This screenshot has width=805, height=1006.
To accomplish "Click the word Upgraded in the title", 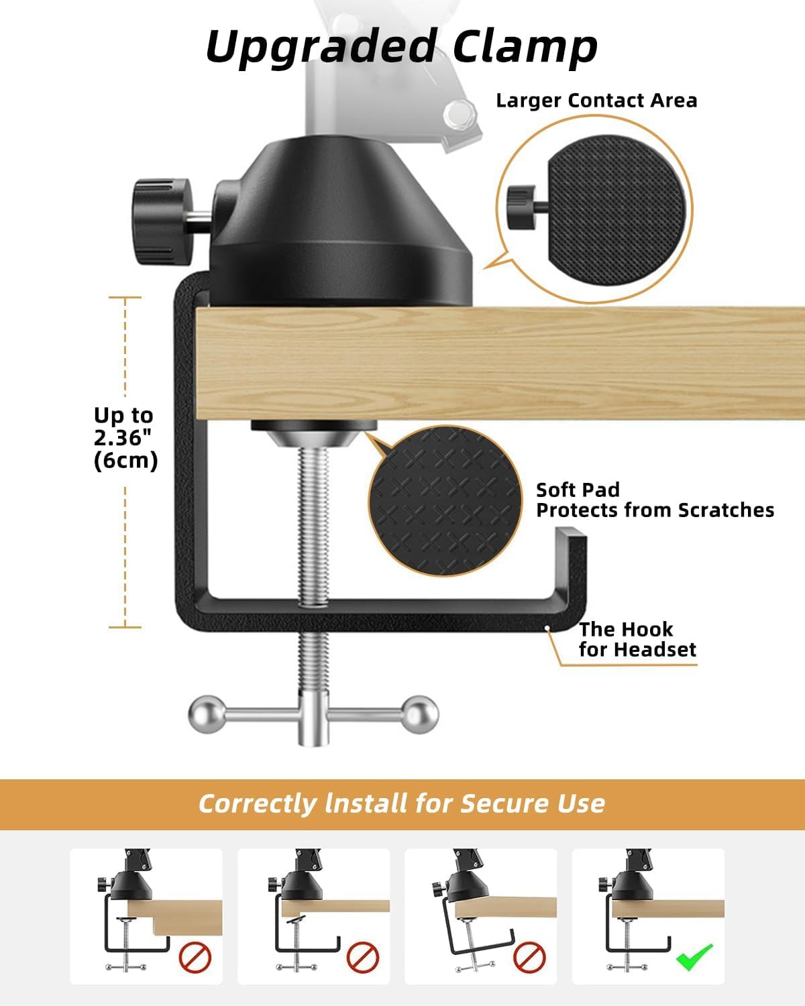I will tap(321, 47).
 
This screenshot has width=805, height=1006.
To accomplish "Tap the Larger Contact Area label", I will tap(596, 101).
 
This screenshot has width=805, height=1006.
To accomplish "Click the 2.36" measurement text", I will tap(123, 438).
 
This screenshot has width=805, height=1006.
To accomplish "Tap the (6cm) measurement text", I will tap(126, 461).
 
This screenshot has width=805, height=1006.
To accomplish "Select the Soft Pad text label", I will tap(578, 490).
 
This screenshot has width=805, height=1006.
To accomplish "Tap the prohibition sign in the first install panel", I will tap(195, 958).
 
